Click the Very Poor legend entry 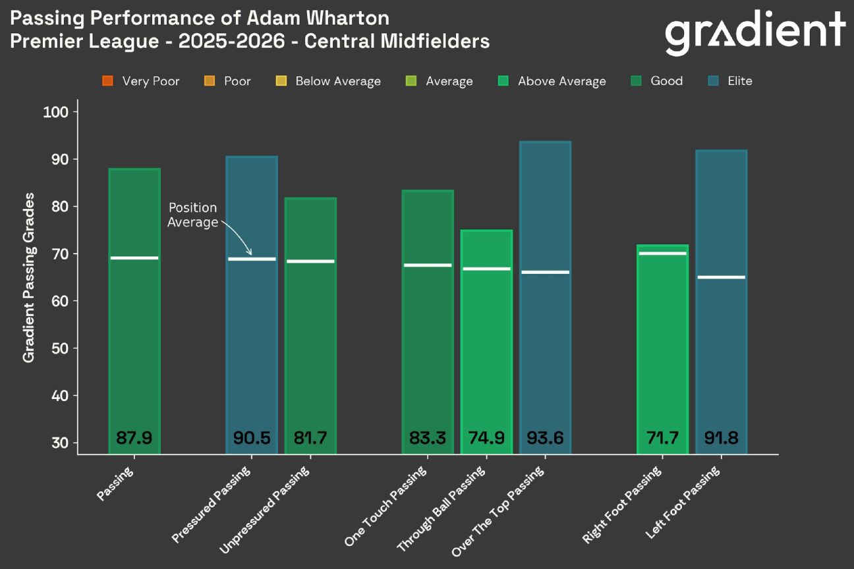tap(141, 81)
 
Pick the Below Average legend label tap(337, 81)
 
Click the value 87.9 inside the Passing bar tap(134, 437)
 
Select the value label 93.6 tap(545, 437)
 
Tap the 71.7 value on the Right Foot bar tap(662, 437)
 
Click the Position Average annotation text tap(192, 215)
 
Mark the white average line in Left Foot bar tap(721, 277)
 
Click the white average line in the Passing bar tap(134, 258)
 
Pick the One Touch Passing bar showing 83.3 tap(428, 316)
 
